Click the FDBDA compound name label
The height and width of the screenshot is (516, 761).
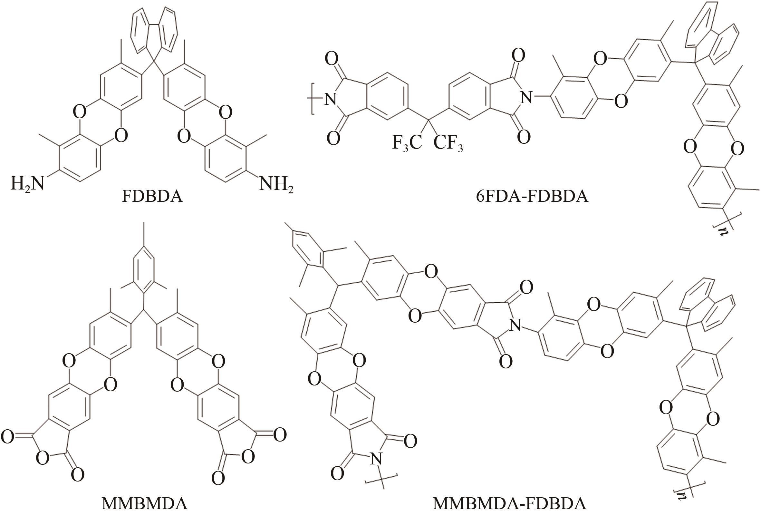point(152,197)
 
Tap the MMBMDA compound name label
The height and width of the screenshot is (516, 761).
point(144,504)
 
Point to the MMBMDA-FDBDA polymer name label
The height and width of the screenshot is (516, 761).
point(509,504)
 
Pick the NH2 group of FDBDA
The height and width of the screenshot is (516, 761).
point(276,184)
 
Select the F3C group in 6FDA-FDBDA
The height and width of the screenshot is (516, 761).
point(407,143)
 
